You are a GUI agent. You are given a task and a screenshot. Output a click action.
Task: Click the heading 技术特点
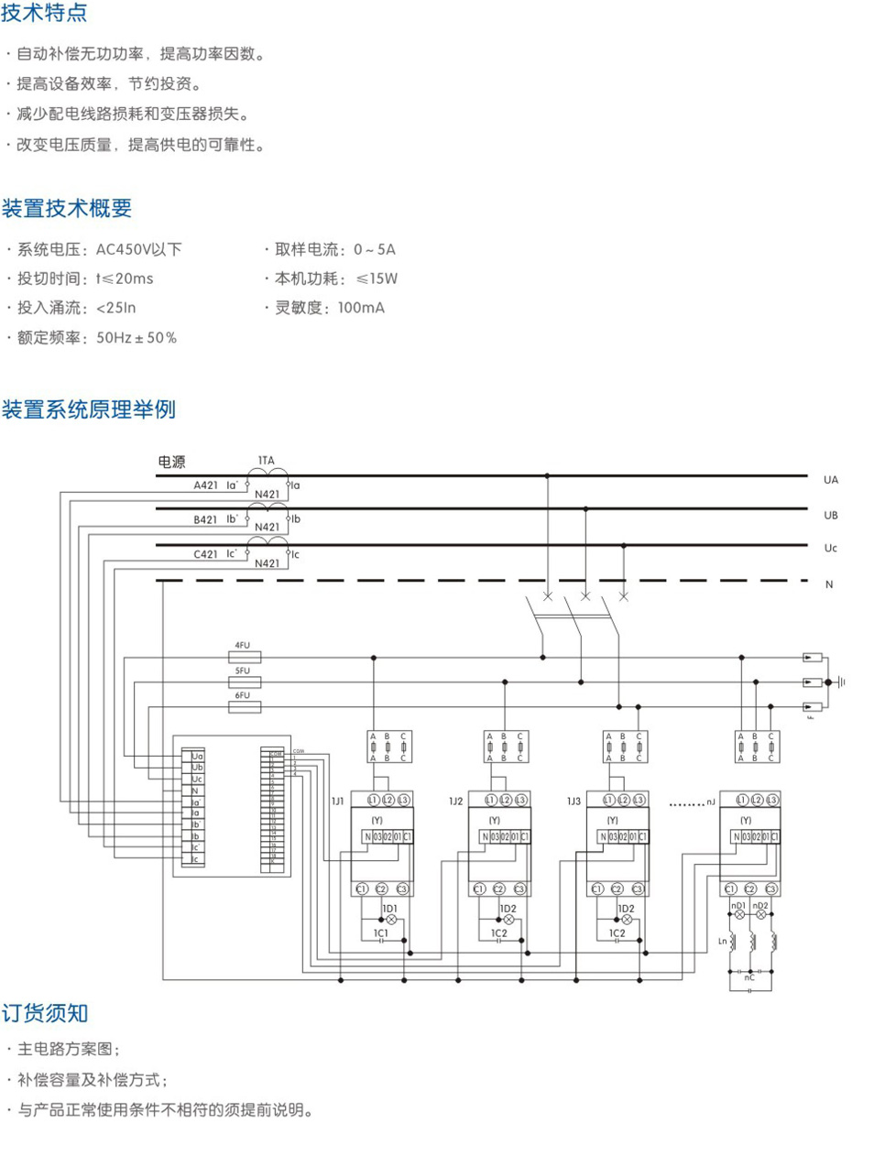pos(44,13)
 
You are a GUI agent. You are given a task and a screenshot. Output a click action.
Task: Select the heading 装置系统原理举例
pos(88,409)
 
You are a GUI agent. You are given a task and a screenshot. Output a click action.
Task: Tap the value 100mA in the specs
pos(361,308)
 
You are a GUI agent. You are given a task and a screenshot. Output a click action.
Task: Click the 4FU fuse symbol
pos(244,657)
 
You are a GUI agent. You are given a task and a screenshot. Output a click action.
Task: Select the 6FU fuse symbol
pos(244,707)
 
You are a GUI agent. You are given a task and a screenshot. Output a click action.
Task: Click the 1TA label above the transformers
pos(266,461)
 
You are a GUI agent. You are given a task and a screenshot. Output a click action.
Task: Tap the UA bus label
pos(830,480)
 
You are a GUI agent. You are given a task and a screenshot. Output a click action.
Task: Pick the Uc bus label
pos(830,548)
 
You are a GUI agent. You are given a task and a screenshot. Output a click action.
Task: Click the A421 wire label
pos(205,485)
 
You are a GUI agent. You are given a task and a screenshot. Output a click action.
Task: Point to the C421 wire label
pos(205,554)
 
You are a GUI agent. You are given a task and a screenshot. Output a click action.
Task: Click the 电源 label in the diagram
pos(171,462)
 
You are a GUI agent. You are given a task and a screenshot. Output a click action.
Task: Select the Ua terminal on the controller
pos(197,757)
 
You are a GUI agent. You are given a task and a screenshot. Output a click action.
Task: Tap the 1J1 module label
pos(337,802)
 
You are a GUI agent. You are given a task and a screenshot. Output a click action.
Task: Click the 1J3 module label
pos(574,802)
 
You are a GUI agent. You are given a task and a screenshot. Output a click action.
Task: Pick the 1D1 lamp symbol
pos(390,919)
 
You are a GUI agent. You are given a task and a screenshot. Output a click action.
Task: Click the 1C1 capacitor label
pos(381,933)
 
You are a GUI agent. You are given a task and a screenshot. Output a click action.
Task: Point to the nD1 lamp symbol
pos(739,914)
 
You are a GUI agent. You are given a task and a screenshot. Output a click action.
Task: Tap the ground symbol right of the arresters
pos(836,682)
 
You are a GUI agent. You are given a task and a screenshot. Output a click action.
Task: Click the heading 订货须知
pos(44,1013)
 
